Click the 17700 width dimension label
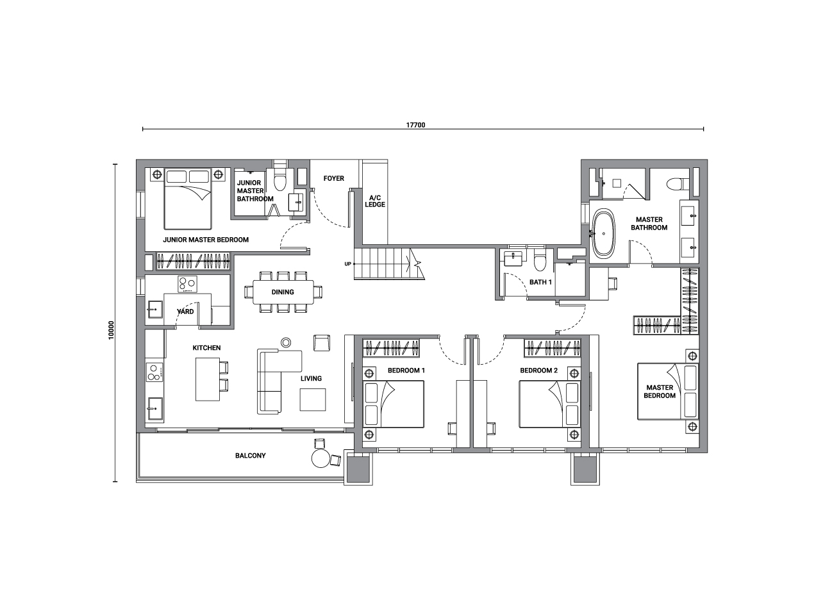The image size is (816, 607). (415, 125)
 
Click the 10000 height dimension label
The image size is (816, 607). (112, 330)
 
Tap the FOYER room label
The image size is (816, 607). (334, 178)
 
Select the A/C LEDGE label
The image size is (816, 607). (375, 201)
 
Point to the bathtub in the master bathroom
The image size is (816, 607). (604, 233)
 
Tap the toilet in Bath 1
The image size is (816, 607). (540, 260)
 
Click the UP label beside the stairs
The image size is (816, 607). (347, 264)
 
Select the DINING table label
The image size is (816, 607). (283, 292)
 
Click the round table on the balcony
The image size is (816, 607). (321, 458)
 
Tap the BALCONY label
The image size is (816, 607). (250, 456)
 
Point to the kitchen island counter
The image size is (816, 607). (208, 379)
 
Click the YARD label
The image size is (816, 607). (185, 312)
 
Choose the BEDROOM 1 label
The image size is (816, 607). (406, 370)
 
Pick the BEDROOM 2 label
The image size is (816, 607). (538, 370)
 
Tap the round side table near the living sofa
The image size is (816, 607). (286, 342)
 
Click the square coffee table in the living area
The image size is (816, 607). (313, 400)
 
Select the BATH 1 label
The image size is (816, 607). (540, 282)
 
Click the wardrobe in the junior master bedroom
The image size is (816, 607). (193, 261)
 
